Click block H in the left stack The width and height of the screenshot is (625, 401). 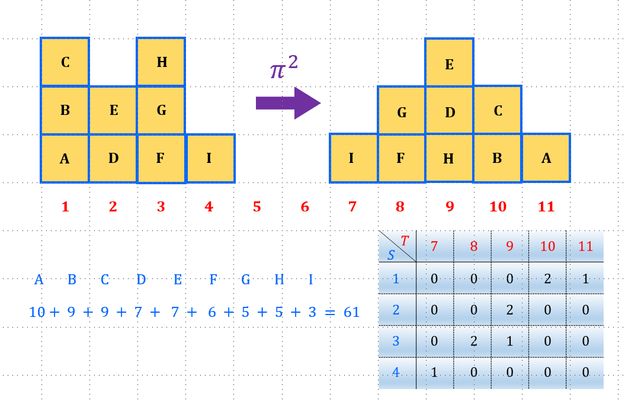click(x=161, y=62)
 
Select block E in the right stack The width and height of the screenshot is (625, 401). click(x=449, y=64)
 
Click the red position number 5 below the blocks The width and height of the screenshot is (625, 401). click(x=257, y=207)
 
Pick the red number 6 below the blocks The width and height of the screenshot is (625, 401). click(x=305, y=207)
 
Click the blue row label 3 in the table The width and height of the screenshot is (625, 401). click(x=396, y=342)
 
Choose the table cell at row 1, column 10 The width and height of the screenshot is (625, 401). click(x=547, y=279)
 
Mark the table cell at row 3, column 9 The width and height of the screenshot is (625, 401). click(x=510, y=342)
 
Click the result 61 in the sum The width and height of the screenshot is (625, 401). click(x=351, y=312)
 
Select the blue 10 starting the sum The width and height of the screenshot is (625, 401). click(x=37, y=312)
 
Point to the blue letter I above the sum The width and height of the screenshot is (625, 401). click(x=310, y=280)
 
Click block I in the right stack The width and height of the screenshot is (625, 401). click(x=352, y=158)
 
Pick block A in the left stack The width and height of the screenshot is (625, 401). click(x=65, y=158)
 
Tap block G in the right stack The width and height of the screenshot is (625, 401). click(x=402, y=111)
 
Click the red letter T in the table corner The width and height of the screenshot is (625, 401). click(x=405, y=240)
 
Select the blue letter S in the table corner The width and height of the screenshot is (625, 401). click(x=391, y=255)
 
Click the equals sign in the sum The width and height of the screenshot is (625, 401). click(x=329, y=312)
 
